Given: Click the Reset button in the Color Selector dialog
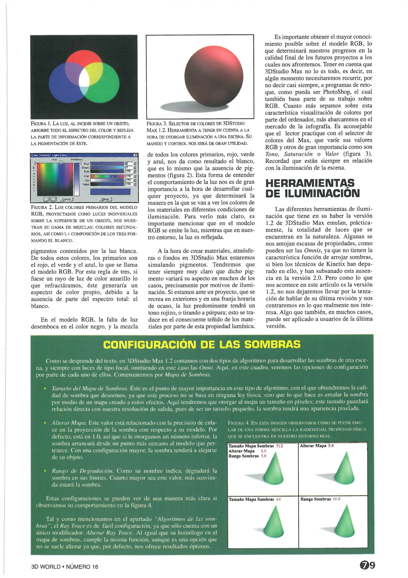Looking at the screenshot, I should click(x=105, y=199).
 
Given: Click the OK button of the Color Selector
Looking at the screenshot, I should click(x=50, y=199).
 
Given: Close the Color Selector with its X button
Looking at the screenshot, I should click(x=135, y=155).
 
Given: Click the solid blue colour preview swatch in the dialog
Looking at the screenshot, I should click(x=110, y=192).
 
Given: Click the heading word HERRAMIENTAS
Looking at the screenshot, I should click(x=310, y=183).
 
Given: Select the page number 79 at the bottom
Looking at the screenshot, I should click(x=367, y=565).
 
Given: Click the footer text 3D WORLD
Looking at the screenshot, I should click(x=46, y=566).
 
